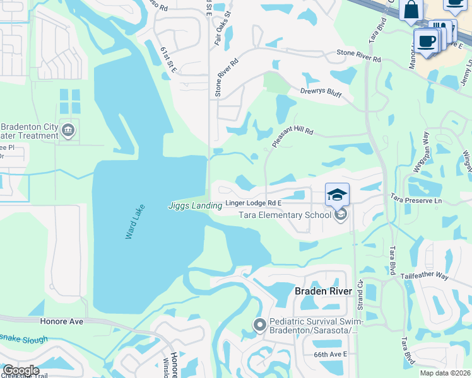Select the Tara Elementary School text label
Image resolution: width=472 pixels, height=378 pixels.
(285, 215)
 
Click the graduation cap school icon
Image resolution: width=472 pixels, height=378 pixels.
(337, 194)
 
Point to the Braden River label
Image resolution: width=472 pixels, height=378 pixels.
(319, 291)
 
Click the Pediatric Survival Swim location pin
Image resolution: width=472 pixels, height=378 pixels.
(259, 325)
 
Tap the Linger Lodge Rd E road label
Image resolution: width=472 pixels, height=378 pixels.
(252, 204)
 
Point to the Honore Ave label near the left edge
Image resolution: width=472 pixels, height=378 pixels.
(61, 321)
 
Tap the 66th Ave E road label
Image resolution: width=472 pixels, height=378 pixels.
(331, 355)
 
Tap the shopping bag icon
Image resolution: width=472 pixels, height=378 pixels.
(411, 11)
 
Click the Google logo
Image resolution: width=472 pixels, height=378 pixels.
(20, 370)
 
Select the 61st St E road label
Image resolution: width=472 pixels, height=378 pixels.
(168, 59)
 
